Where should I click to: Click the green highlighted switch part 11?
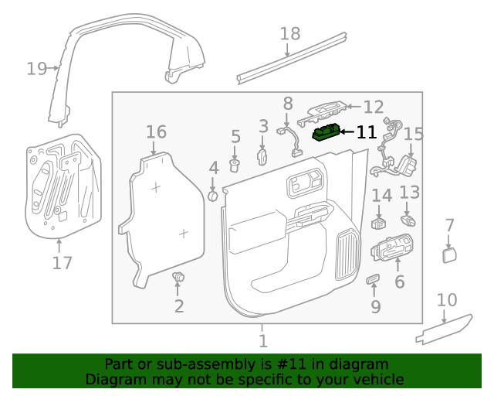326,133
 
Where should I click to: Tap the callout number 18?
289,34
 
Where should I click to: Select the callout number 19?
36,69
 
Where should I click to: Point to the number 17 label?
62,263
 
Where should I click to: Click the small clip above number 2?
178,277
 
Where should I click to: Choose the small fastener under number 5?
236,164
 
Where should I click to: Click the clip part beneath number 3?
262,158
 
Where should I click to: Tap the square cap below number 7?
450,255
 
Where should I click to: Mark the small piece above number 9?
374,279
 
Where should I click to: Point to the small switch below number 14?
379,223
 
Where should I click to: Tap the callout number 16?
156,131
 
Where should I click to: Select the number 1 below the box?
262,340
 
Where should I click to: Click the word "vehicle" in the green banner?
378,380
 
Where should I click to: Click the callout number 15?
414,135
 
